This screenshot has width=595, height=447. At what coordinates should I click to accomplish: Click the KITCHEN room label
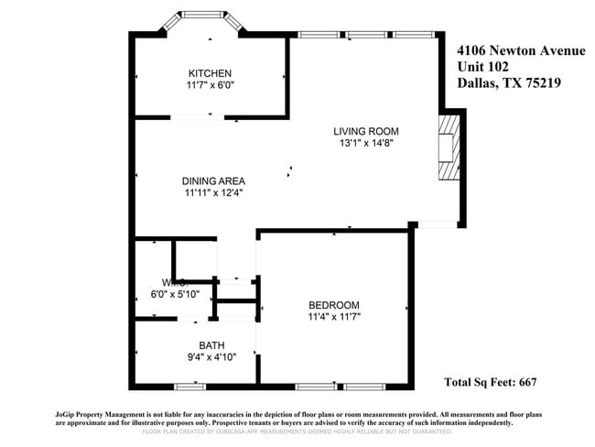click(x=210, y=73)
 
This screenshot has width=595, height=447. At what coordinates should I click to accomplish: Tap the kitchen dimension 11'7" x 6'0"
click(x=210, y=85)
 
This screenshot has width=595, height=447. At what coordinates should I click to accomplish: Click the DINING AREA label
click(x=213, y=180)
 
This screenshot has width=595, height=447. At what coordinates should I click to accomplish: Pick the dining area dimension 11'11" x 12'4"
click(x=213, y=192)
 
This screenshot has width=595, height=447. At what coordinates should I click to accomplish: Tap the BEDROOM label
click(x=333, y=305)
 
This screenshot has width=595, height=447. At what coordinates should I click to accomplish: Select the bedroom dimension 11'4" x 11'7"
click(x=333, y=317)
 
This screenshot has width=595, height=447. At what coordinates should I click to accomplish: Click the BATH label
click(x=211, y=345)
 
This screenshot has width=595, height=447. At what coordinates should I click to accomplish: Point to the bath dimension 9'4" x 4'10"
click(x=211, y=357)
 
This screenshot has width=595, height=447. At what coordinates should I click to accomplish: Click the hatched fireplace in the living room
click(x=448, y=147)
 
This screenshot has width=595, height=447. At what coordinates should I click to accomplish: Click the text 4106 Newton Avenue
click(x=520, y=50)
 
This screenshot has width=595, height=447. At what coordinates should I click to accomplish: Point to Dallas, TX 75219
click(x=509, y=82)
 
